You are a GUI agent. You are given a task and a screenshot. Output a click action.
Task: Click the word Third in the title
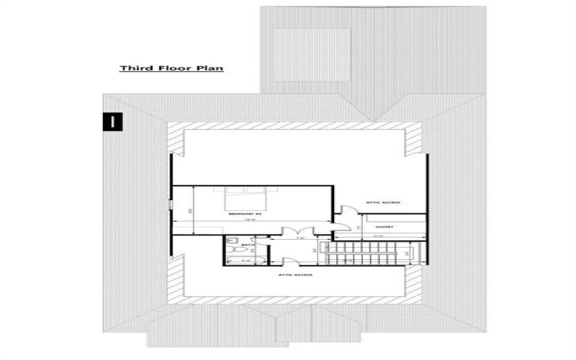[x=134, y=69]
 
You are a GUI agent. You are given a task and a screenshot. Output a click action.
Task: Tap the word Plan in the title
[x=209, y=69]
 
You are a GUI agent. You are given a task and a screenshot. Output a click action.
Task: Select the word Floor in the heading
[x=171, y=69]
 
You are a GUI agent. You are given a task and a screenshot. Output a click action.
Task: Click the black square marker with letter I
[x=113, y=121]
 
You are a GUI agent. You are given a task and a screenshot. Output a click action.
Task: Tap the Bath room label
[x=235, y=245]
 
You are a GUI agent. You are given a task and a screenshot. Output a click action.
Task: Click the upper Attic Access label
[x=383, y=202]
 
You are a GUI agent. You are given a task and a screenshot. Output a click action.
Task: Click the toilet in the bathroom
[x=233, y=243]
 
